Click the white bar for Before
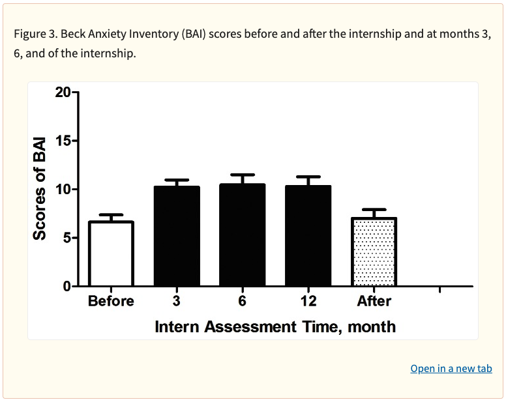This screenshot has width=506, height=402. point(111,254)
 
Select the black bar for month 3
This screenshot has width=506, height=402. point(177,237)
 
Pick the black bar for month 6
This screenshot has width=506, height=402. point(243,235)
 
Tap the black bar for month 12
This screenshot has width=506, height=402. point(308,237)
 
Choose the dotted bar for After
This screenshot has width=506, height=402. point(374,252)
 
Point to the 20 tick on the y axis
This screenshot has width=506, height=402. point(63,92)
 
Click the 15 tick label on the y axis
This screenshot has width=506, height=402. point(63,141)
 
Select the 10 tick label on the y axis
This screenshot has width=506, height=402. point(63,190)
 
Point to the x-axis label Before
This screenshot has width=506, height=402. point(111,301)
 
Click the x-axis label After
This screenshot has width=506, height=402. point(374,301)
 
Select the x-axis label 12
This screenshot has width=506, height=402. point(308,301)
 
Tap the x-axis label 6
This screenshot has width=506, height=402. point(243,301)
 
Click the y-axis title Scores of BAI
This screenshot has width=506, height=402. point(40,189)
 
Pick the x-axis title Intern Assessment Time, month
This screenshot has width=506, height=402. point(275,326)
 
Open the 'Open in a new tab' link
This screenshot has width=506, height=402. point(451,369)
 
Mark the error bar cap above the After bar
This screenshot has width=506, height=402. point(374,210)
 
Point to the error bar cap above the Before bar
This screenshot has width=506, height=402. point(111,215)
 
